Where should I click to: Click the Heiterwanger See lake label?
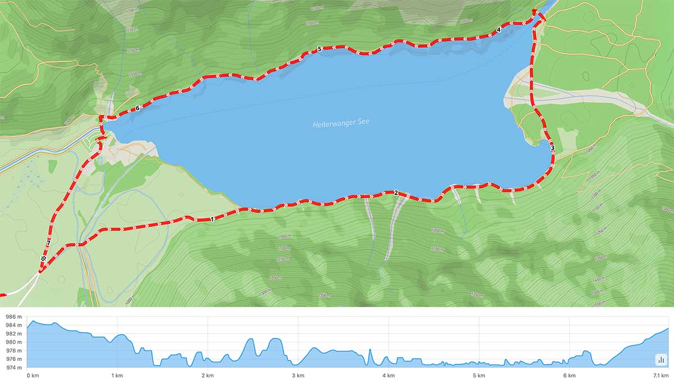coord(341,123)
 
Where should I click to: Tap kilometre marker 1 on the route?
coord(212,219)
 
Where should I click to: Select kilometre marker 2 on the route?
coord(396,193)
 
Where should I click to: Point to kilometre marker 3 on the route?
coord(553,148)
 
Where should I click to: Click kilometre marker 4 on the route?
coord(499,30)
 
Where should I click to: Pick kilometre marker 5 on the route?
coord(320,49)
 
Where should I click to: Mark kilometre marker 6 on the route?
coord(138,108)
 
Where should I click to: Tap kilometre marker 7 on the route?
coord(48,243)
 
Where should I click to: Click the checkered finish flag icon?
coord(43,258)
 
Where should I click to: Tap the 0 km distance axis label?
coord(33,375)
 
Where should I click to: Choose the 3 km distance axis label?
coord(298,375)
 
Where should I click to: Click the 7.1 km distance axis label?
coord(661,375)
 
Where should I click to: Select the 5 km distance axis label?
coord(479,375)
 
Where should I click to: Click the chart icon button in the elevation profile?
coord(661,359)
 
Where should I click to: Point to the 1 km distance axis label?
coord(117,375)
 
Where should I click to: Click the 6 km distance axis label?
coord(570,375)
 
